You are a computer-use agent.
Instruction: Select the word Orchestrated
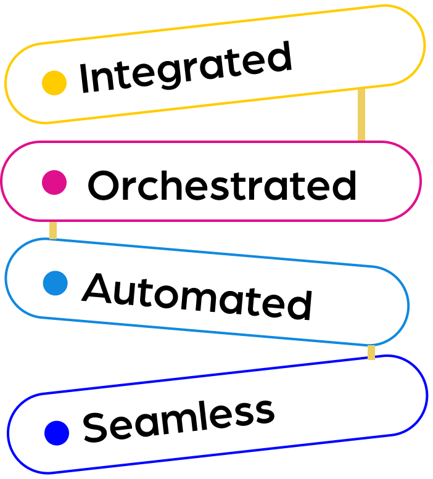point(222,185)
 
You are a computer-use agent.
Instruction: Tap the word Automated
point(197,296)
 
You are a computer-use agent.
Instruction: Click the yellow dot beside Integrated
point(54,83)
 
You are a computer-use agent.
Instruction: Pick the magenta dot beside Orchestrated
point(54,182)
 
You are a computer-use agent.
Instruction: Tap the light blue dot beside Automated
point(56,283)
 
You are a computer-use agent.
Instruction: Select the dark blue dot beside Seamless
point(57,433)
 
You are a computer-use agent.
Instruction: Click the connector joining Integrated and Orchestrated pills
point(361,115)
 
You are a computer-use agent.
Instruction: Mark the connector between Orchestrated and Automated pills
point(53,230)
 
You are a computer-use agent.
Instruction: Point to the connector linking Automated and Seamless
point(371,353)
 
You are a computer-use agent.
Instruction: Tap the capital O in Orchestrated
point(104,185)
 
